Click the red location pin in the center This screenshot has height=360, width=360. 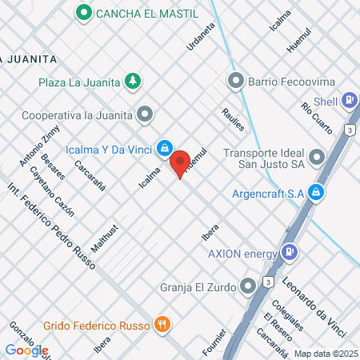click(180, 162)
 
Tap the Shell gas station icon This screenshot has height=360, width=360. click(349, 101)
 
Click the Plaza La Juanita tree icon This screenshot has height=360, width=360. click(134, 81)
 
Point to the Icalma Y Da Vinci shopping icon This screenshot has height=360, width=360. click(164, 146)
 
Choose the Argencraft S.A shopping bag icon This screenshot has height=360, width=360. click(317, 192)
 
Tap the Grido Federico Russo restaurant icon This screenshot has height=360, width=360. click(162, 324)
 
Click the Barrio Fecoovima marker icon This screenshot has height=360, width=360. click(235, 81)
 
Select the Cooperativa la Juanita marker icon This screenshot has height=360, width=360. click(145, 114)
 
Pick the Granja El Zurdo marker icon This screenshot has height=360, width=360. click(249, 285)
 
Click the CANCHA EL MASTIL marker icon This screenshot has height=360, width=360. click(83, 13)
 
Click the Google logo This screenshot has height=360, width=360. click(26, 350)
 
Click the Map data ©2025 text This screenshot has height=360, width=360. click(325, 353)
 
